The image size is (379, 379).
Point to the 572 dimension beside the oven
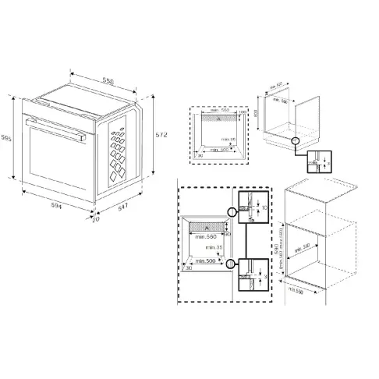point(161,134)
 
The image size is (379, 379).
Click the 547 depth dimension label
point(122,209)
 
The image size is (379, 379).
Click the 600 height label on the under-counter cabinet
point(258,112)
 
